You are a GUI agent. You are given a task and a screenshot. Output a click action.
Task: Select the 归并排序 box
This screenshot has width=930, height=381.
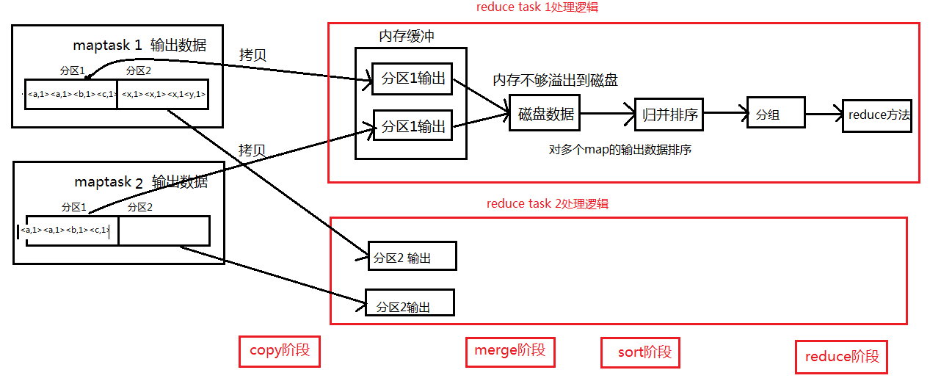point(669,114)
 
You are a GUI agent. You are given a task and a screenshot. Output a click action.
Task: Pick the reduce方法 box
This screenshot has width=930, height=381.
point(877,115)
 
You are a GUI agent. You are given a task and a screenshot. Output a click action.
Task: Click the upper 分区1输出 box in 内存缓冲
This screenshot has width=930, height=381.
point(413,79)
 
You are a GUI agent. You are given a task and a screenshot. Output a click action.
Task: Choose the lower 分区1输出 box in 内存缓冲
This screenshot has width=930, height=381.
point(413,126)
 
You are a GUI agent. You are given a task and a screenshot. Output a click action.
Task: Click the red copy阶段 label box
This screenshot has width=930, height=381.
point(280,351)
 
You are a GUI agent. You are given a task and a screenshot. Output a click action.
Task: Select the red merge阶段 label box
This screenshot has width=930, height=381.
point(509,351)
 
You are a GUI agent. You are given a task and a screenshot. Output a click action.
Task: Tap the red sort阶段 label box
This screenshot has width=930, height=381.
point(640,352)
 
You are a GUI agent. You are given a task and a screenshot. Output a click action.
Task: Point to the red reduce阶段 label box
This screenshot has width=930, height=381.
point(841,357)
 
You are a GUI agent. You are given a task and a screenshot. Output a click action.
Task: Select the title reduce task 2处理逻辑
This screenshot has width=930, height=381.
point(547,203)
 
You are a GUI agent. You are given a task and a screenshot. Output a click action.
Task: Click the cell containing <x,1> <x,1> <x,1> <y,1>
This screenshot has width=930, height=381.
point(163,94)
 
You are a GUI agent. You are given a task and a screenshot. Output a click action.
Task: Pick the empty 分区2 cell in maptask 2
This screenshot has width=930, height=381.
point(164,231)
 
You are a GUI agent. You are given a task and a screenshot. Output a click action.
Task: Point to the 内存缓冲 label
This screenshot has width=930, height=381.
point(411,36)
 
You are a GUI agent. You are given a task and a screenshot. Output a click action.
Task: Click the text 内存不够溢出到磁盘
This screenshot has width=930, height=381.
point(560,80)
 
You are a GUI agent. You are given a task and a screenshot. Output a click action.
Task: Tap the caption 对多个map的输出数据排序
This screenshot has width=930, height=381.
point(620,150)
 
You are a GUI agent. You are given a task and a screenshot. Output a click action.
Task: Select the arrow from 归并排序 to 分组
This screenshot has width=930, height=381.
point(724,113)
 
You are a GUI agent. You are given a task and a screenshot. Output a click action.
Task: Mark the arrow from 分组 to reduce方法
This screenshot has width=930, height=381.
point(824,115)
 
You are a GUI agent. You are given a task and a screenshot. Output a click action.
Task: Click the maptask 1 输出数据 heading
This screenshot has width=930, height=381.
point(139,45)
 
